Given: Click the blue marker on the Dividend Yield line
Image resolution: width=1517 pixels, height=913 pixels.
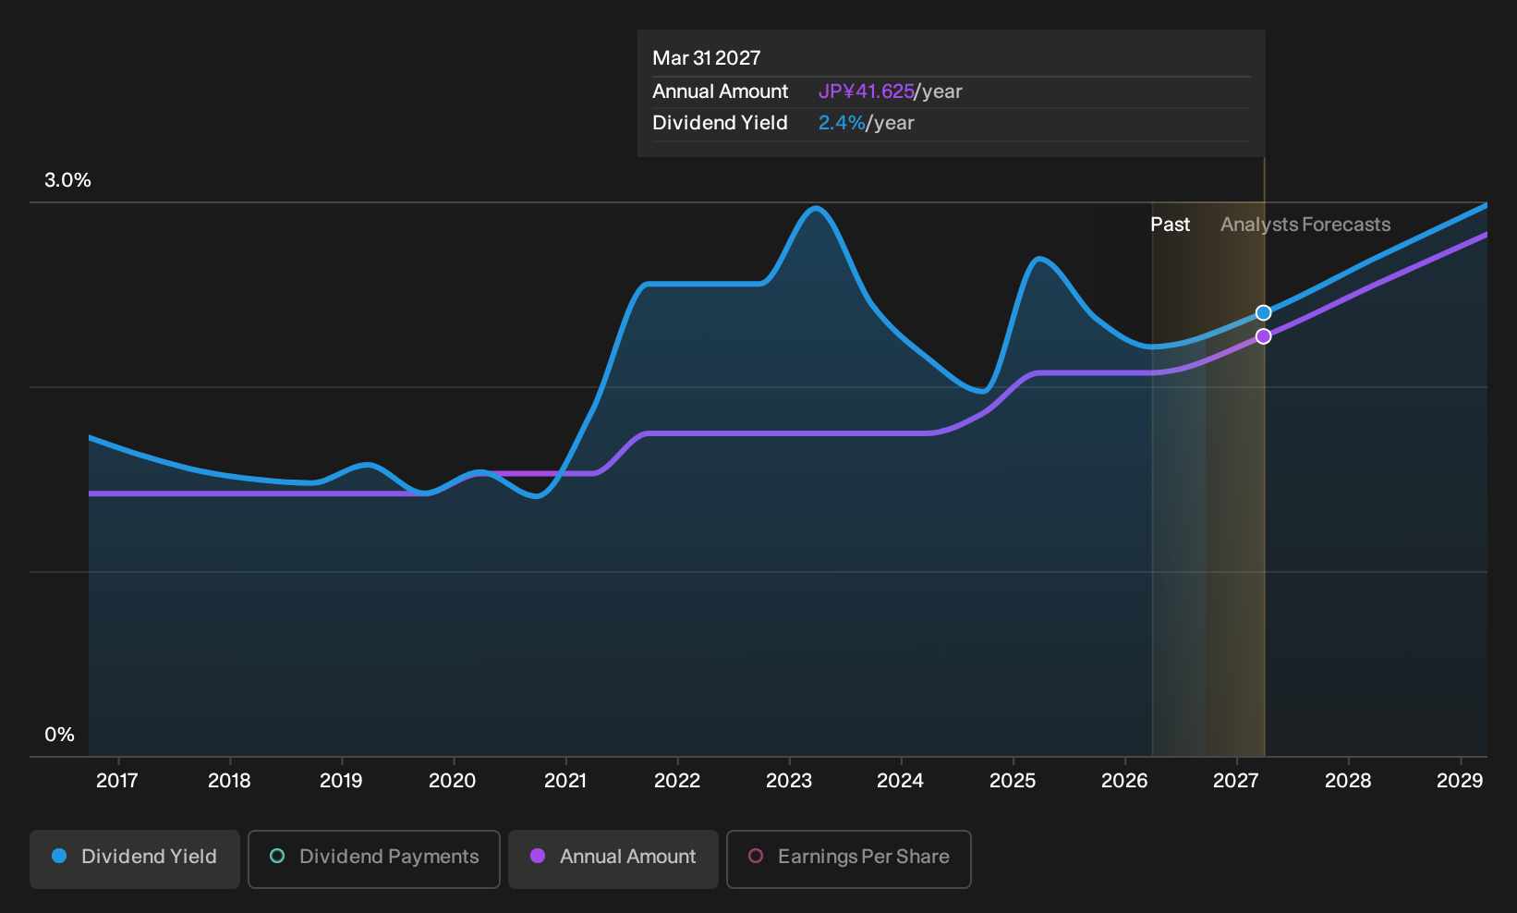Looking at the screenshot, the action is pos(1263,312).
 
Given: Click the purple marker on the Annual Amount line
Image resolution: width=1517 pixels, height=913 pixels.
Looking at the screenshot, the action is pos(1263,336).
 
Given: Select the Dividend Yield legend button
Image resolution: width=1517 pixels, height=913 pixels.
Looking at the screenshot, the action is pos(135,858).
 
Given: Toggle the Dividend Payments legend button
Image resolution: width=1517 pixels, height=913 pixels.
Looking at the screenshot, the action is pos(374,858).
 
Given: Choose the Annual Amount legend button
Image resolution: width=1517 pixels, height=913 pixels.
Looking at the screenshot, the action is pos(613,858).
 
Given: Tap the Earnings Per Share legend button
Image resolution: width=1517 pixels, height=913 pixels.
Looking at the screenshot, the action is pos(848,858).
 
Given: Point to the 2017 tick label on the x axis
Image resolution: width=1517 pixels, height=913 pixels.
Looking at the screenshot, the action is pos(117,781).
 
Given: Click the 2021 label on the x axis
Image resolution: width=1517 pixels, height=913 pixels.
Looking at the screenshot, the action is pos(565,781).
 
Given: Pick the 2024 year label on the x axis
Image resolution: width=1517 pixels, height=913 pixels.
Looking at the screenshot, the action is pos(901,781).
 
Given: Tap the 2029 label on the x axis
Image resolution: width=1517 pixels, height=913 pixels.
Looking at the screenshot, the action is pos(1460,781).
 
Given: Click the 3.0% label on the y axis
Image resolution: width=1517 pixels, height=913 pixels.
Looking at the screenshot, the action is pos(67,180).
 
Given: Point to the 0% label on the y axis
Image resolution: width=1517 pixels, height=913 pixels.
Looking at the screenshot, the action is pos(60,735).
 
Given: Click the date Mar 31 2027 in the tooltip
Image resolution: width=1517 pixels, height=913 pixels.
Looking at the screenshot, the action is pos(707,58).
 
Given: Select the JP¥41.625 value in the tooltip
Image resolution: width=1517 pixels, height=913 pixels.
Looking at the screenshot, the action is pos(867,91).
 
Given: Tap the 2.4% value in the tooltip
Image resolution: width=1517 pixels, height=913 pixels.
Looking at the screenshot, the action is pos(842,123).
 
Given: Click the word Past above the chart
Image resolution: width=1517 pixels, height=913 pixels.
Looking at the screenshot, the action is pos(1171,225).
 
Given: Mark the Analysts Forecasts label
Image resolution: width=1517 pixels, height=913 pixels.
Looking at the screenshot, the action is pos(1305,225).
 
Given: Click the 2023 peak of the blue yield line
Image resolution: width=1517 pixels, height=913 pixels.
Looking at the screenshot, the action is pos(816,208).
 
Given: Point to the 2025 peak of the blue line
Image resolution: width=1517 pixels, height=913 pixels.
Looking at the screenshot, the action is pos(1038,259).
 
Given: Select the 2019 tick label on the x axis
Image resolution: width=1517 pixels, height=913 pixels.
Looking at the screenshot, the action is pos(341,781).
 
